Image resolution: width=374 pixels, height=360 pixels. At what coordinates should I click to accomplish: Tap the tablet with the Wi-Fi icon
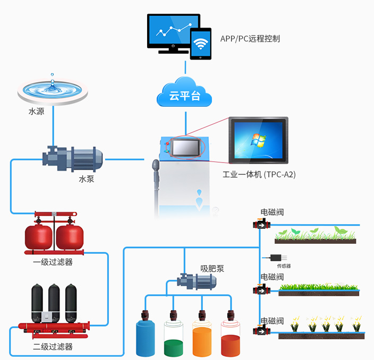(201, 44)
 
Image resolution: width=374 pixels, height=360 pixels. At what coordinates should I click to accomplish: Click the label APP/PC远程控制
(250, 39)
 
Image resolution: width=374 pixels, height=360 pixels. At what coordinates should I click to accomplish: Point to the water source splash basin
(53, 90)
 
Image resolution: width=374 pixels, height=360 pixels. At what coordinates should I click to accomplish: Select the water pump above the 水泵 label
(73, 157)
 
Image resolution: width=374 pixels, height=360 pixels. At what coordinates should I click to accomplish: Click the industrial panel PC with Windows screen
(259, 141)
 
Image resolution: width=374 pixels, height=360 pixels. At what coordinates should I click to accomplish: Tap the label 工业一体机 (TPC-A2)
(259, 174)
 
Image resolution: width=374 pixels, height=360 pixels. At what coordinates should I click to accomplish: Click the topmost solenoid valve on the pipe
(261, 224)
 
